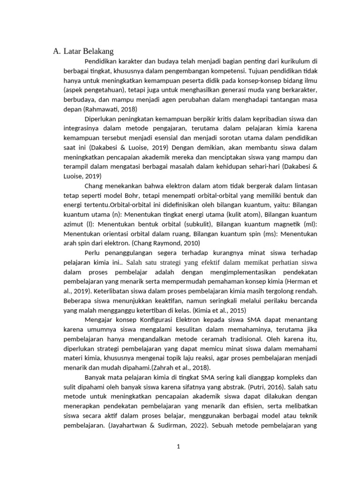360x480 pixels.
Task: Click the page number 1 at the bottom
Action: (179, 447)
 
